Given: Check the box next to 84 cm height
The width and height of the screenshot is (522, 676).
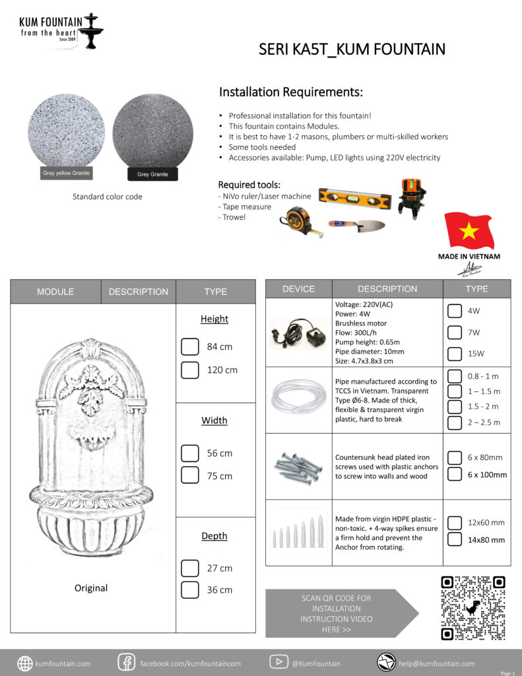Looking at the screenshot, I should tap(190, 347).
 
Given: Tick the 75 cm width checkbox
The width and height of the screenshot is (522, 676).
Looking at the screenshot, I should tap(190, 475).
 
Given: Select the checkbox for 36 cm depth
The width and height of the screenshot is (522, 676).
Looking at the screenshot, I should tap(190, 590).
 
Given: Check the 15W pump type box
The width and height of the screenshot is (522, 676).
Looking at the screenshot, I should tap(454, 353).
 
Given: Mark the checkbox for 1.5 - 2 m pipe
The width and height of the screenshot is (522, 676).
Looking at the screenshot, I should tap(454, 407).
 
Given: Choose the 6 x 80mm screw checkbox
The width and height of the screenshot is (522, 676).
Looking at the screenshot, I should tap(454, 457).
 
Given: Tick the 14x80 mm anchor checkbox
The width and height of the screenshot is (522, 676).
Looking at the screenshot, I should tap(454, 539).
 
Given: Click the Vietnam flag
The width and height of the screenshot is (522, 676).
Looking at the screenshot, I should tap(469, 230).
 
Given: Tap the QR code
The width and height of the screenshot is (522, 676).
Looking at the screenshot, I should tap(473, 608).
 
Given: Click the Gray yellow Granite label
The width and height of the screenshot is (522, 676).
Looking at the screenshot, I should tap(66, 174).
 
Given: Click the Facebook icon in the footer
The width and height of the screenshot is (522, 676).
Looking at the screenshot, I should tap(126, 662).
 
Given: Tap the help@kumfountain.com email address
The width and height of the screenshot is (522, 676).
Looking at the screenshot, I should tap(436, 663).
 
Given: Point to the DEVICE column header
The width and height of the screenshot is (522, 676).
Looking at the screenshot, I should tap(298, 289).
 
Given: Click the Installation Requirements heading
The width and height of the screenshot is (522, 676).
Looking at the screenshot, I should tap(291, 92).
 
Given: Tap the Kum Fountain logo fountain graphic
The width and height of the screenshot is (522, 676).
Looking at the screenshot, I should tap(92, 30).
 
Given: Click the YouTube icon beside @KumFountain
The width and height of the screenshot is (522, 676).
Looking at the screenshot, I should tap(278, 662).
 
